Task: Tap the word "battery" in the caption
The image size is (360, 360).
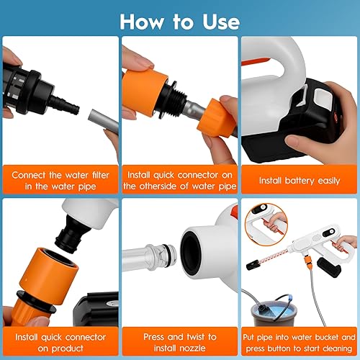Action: (301, 180)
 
